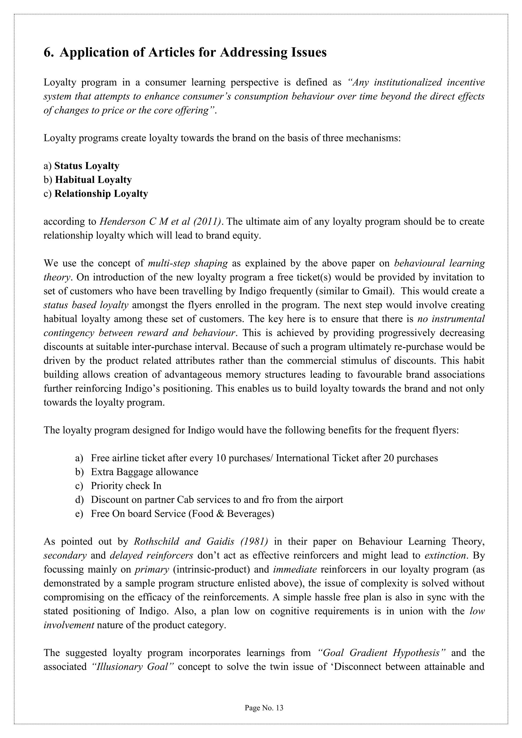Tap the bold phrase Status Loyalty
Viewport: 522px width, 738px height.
tap(87, 166)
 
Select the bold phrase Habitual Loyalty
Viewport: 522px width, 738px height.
tap(93, 180)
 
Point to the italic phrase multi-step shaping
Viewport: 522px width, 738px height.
tap(188, 263)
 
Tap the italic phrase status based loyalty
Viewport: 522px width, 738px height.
tap(86, 305)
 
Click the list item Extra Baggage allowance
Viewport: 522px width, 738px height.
tap(144, 472)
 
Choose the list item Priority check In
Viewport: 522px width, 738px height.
tap(126, 486)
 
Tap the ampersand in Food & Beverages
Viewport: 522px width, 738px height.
tap(220, 514)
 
